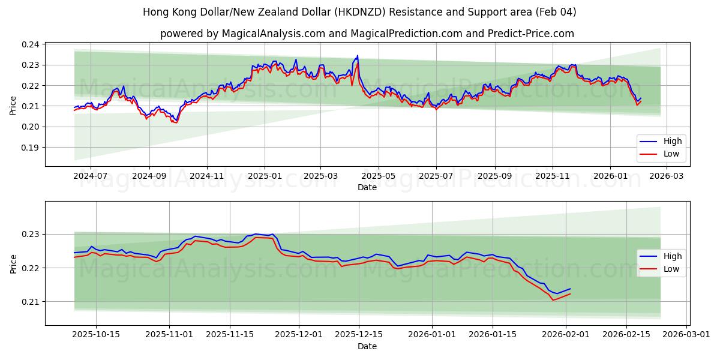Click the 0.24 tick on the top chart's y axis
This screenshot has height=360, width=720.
coord(31,44)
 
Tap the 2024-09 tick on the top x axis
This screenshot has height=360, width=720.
coord(149,176)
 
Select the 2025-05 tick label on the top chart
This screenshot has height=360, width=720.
coord(378,176)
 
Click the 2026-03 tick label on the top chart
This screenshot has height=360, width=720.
coord(667,176)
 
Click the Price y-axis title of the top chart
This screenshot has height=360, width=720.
coord(13,106)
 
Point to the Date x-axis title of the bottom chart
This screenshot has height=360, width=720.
coord(367,346)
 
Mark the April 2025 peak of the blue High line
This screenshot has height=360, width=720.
coord(358,56)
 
